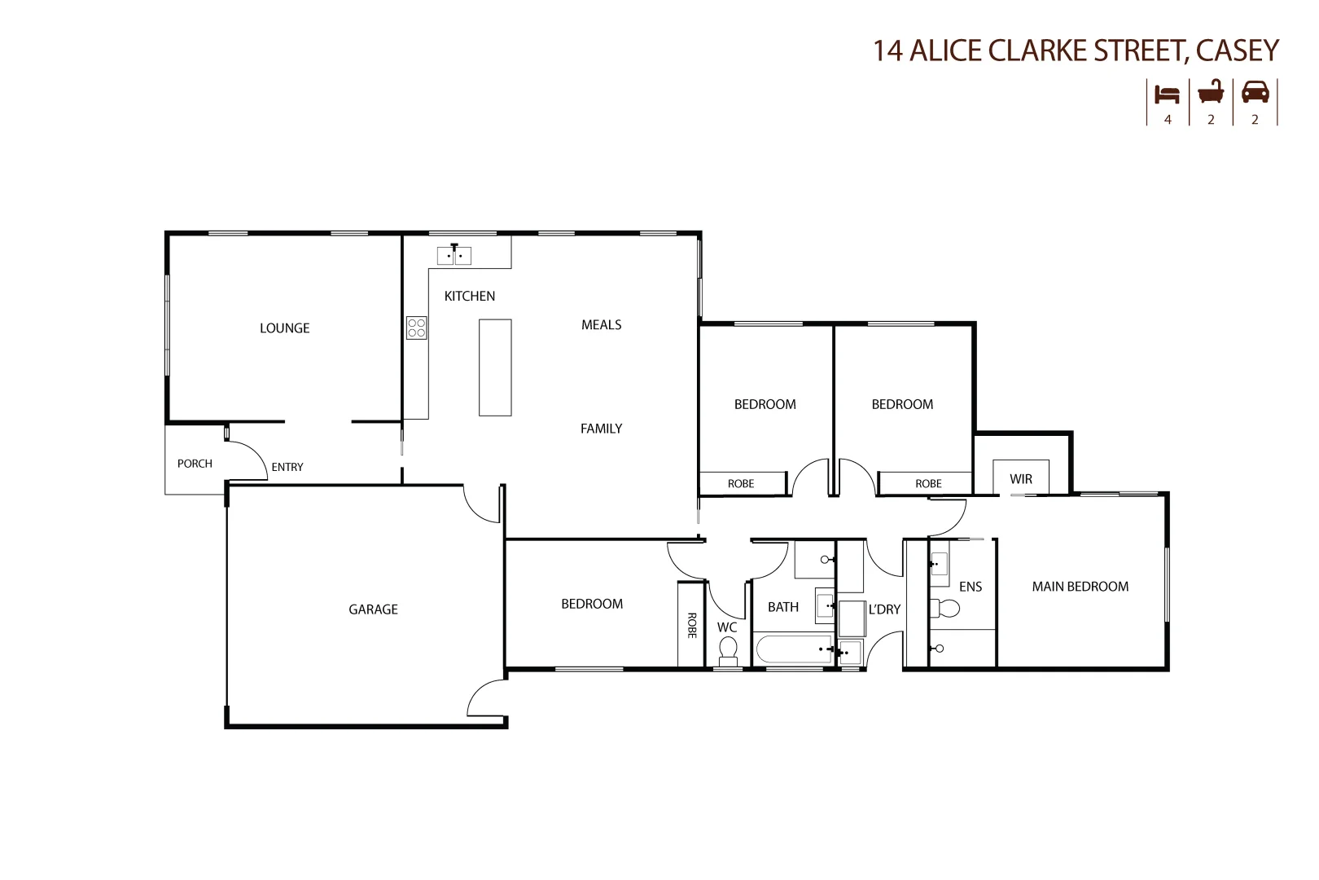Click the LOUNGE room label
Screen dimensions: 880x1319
(284, 328)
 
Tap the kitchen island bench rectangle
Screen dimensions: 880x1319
(495, 367)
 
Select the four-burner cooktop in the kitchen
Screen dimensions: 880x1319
(416, 328)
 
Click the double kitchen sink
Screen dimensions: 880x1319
(454, 256)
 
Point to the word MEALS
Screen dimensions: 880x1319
(601, 325)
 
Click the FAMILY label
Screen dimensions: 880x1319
(601, 429)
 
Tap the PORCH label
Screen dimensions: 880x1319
(195, 464)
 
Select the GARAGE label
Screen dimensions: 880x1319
(373, 609)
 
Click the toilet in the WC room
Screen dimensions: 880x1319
(728, 650)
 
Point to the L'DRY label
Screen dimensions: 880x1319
(884, 609)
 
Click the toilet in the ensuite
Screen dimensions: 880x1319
(945, 608)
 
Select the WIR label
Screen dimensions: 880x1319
(1021, 479)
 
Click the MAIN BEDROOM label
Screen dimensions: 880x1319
(1080, 587)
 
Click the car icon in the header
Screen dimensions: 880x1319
(1255, 92)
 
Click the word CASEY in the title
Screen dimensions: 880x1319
(1238, 51)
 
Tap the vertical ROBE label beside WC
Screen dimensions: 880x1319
(691, 625)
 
